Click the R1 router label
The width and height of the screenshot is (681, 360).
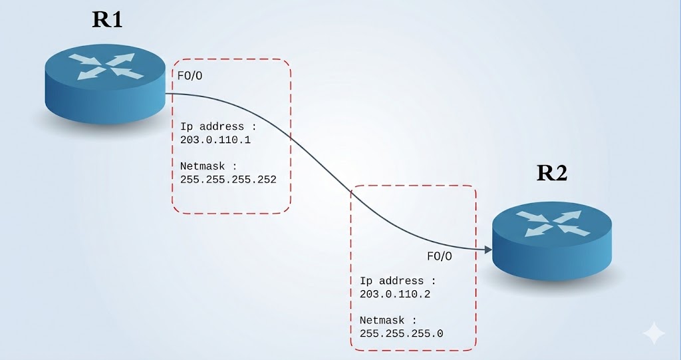click(106, 19)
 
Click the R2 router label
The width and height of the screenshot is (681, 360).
click(552, 173)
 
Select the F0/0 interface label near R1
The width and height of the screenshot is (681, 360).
click(190, 76)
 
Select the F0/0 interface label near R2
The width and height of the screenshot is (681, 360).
click(439, 256)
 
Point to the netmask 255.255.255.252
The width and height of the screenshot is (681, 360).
click(228, 179)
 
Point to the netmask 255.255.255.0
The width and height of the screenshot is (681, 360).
click(401, 333)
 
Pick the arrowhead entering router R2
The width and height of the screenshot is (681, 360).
click(487, 250)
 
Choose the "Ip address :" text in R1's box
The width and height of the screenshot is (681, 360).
click(218, 126)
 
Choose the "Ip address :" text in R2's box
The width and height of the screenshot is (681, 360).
click(398, 280)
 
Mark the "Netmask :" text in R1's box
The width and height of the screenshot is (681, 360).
click(208, 166)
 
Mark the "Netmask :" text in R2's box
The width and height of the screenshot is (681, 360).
click(388, 319)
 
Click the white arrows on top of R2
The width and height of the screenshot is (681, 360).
click(552, 224)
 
